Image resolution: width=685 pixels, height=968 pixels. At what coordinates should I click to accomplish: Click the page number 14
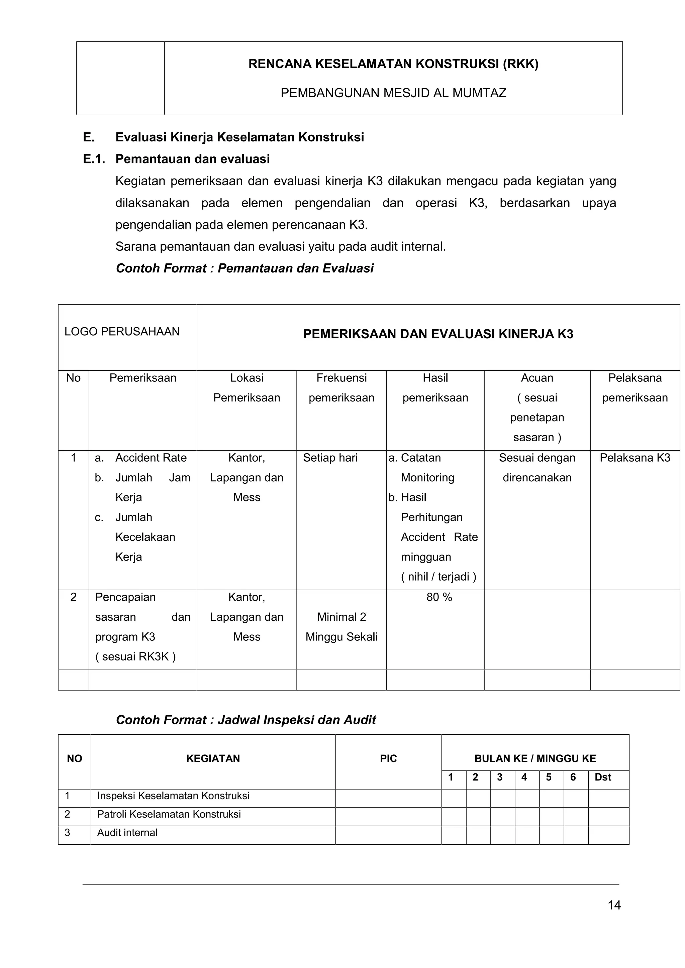[614, 905]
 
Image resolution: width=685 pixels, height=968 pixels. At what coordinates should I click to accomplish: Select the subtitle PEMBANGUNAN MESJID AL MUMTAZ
[393, 93]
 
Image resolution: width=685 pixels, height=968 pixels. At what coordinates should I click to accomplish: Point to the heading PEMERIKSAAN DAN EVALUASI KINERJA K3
[438, 334]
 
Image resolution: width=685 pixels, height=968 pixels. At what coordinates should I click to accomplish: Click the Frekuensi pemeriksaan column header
[341, 387]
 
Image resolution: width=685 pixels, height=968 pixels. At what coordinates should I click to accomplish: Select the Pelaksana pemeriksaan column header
[634, 387]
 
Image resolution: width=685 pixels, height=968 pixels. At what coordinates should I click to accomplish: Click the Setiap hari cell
[330, 458]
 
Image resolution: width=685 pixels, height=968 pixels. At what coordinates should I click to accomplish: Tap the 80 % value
[439, 597]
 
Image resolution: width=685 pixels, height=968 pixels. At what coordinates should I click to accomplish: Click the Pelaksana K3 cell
[634, 458]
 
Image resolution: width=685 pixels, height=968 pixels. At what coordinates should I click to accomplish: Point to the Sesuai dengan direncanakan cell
[536, 468]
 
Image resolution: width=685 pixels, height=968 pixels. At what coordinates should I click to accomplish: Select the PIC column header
[388, 758]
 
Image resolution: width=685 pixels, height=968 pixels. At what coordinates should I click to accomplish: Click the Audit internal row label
[127, 833]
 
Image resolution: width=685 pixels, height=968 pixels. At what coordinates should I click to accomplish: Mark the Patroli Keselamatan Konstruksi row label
[169, 814]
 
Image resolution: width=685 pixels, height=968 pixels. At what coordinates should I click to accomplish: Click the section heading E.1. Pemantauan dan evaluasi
[176, 159]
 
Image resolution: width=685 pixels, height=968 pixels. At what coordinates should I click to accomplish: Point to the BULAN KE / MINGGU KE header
[535, 758]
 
